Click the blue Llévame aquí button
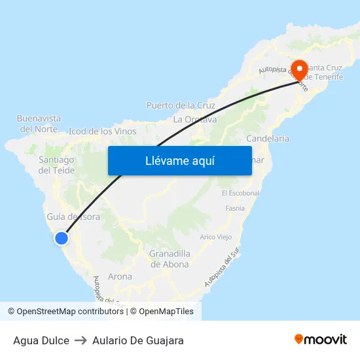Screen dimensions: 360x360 [x=179, y=160]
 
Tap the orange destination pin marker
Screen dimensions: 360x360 [x=300, y=69]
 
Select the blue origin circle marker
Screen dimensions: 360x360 [x=61, y=238]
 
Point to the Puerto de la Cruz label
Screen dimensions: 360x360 [x=181, y=105]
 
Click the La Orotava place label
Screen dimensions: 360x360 [x=194, y=120]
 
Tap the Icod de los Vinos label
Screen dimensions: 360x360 [x=103, y=131]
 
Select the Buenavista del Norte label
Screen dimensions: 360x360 [x=39, y=124]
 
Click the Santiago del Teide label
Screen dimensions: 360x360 [x=56, y=165]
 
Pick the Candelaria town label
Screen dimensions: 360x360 [x=268, y=139]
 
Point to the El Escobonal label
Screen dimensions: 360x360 [x=241, y=193]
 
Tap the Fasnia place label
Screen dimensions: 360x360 [x=234, y=208]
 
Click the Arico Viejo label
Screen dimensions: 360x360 [x=216, y=236]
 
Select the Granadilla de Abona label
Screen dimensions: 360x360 [x=170, y=259]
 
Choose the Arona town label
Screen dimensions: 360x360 [x=120, y=276]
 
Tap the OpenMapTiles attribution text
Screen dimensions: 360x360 [x=166, y=312]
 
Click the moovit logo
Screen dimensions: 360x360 [x=320, y=340]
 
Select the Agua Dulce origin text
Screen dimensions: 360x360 [x=41, y=340]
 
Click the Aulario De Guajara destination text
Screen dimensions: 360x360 [x=138, y=340]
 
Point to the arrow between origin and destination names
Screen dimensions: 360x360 [x=81, y=340]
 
